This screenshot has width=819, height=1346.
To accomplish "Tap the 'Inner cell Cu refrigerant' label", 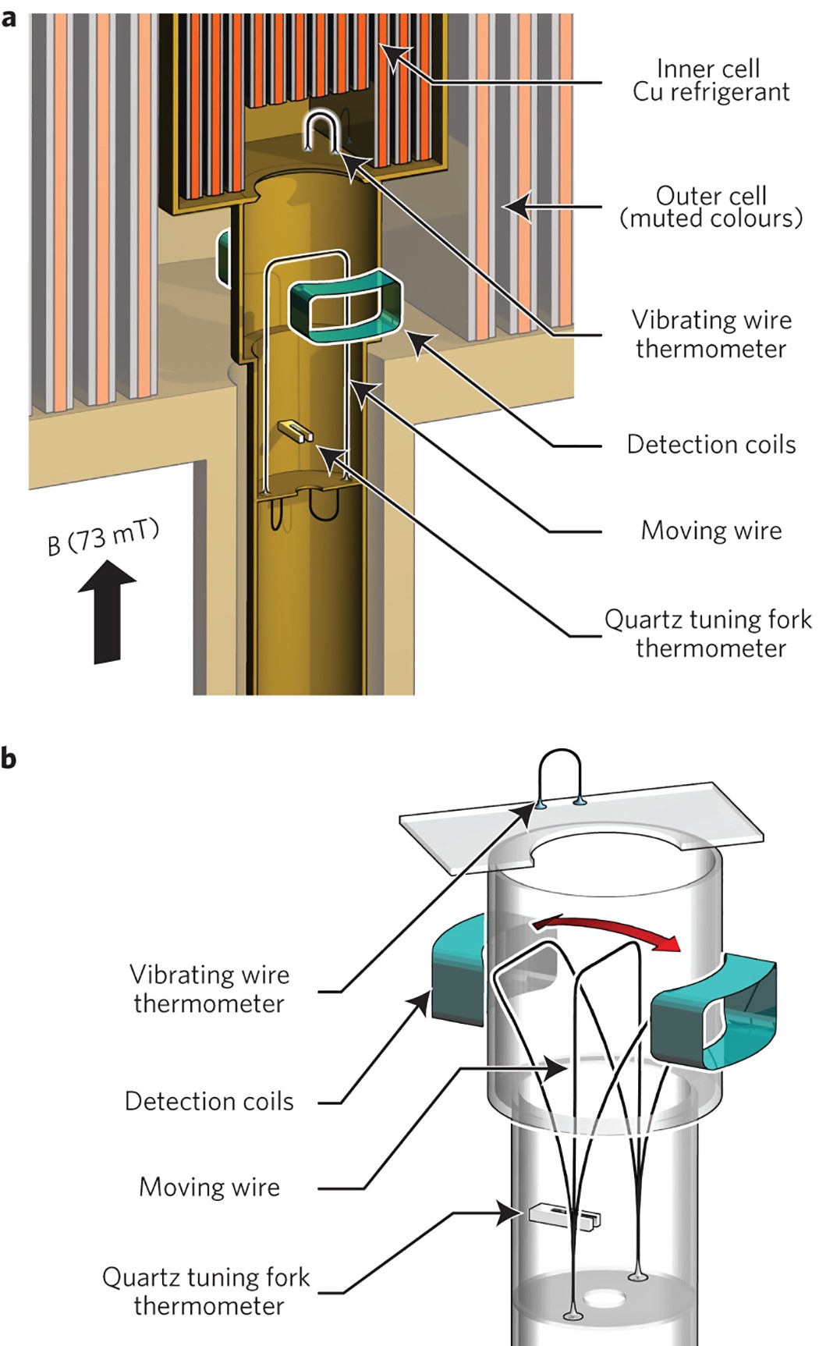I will (x=710, y=80).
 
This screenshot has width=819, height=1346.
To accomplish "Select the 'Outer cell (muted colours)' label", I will (x=711, y=207).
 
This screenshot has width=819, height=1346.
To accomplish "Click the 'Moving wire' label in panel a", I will (x=711, y=531).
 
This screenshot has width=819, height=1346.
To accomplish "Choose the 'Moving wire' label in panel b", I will (x=209, y=1187).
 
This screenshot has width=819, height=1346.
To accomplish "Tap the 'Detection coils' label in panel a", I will (x=711, y=444).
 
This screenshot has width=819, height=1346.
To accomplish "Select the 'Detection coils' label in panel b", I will (x=209, y=1101).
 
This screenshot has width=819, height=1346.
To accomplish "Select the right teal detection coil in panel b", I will (x=714, y=1011).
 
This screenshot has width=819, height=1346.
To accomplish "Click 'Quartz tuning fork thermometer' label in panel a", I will (x=708, y=633).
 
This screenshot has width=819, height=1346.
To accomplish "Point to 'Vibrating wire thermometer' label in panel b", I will (x=209, y=989).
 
